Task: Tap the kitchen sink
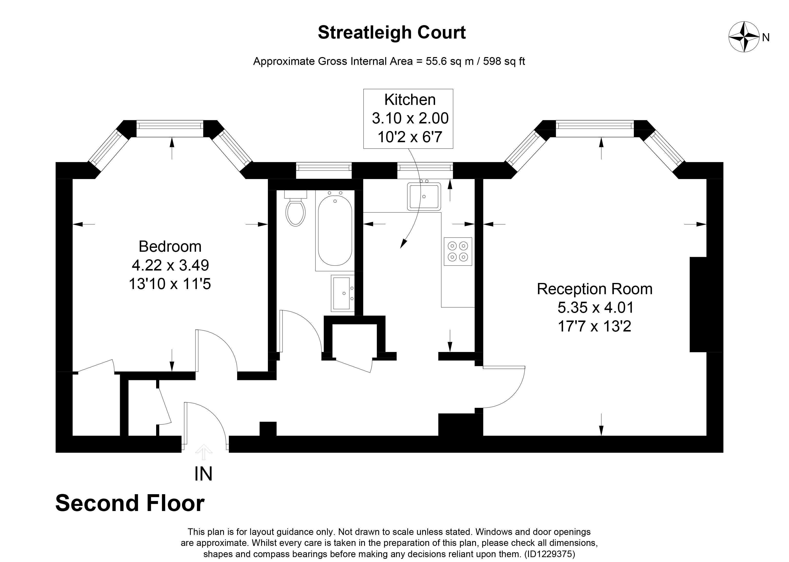[424, 197]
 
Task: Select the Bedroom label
[170, 247]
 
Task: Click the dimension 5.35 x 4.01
[595, 307]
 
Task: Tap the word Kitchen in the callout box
[410, 100]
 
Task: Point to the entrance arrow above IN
[203, 452]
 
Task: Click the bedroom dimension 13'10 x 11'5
[170, 284]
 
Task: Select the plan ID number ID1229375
[549, 554]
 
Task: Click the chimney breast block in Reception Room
[698, 304]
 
